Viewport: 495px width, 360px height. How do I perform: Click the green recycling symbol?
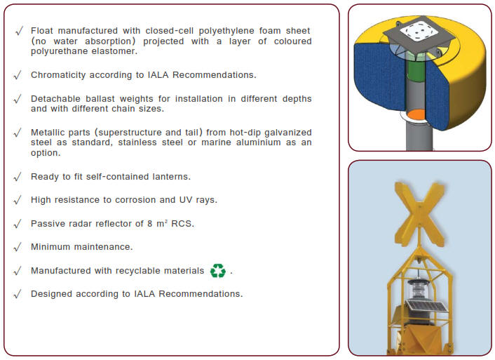coord(218,270)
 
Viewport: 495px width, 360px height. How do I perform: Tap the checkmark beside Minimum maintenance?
coord(18,247)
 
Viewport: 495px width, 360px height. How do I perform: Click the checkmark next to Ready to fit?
coord(18,177)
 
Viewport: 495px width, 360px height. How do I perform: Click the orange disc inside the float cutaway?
coord(416,114)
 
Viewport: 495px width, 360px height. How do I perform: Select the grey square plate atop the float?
coord(419,29)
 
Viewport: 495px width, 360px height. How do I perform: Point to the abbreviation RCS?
coord(184,224)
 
